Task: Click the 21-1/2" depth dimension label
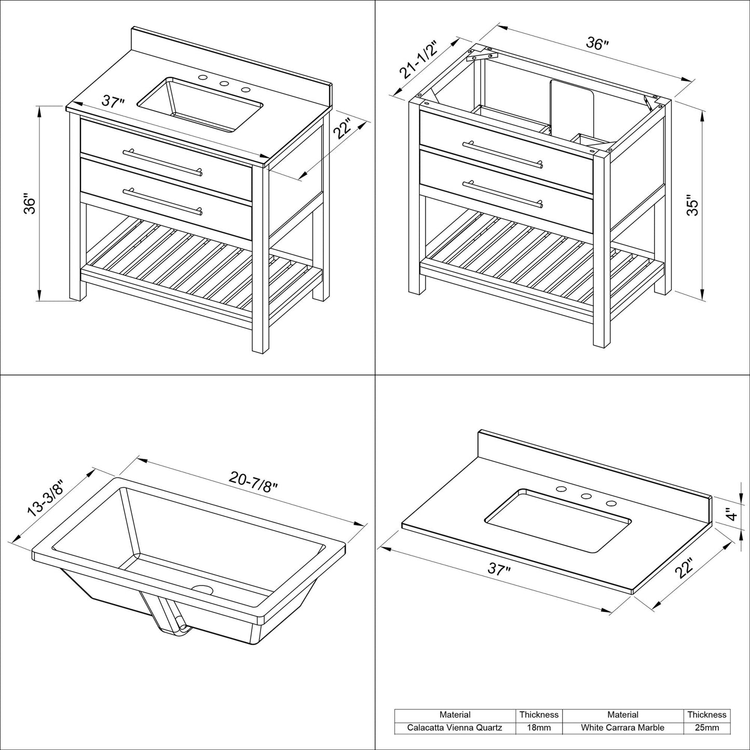point(416,59)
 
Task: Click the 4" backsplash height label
point(732,515)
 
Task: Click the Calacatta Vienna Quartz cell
point(454,727)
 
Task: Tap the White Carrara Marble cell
point(622,727)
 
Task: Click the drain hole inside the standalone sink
point(203,590)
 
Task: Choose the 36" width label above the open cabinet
point(597,44)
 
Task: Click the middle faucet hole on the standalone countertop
point(586,496)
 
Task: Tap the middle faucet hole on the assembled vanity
point(224,84)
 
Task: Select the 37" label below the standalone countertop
point(499,570)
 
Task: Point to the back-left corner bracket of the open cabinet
point(481,54)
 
